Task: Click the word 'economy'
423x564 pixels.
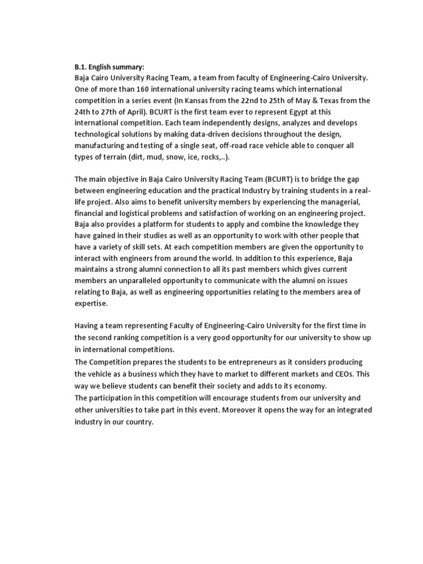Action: coord(308,386)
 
